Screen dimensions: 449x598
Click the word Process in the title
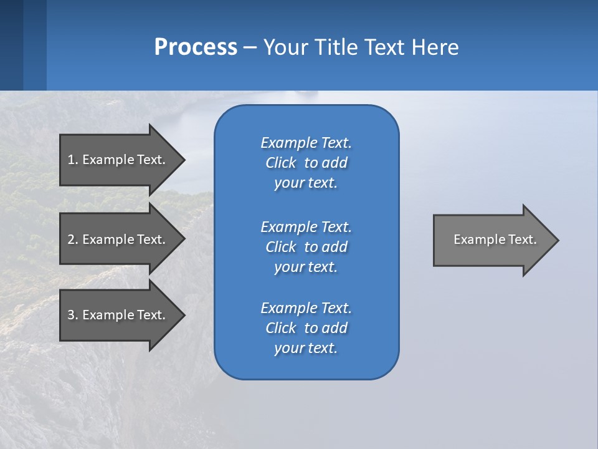196,47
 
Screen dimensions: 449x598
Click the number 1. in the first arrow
73,160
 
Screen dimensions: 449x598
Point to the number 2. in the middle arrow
73,239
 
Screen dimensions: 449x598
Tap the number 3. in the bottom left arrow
73,315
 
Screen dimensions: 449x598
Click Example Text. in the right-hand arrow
495,239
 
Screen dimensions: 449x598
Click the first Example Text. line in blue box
306,143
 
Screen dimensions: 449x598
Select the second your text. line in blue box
306,267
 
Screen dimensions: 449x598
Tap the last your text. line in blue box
306,348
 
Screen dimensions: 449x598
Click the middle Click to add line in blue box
306,247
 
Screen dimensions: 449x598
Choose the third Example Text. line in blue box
306,308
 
